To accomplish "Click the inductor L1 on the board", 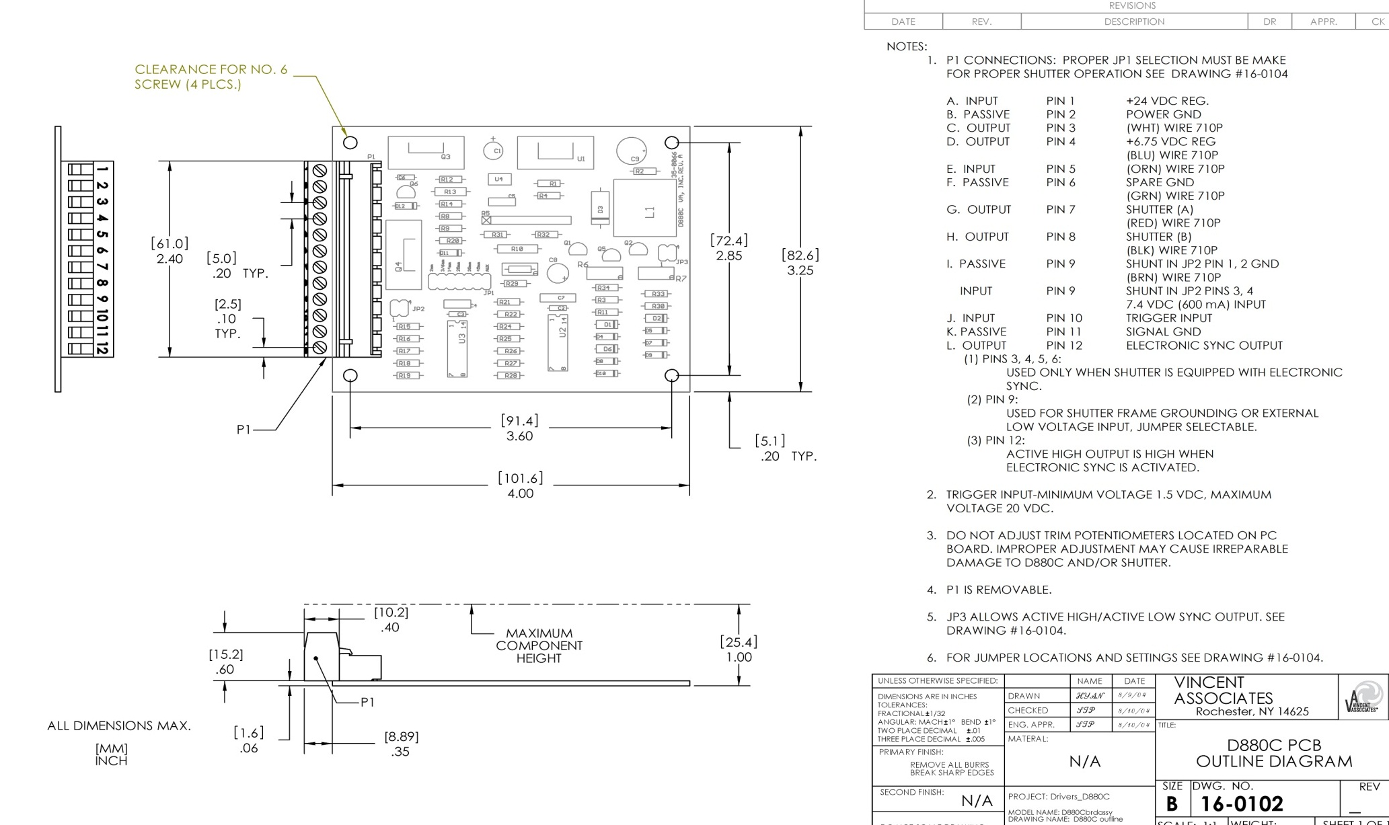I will (x=644, y=208).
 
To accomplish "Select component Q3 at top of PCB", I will (x=426, y=153).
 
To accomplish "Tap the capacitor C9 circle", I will (x=631, y=151).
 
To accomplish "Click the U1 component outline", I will (x=556, y=153).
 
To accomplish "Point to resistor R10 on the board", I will (x=517, y=249).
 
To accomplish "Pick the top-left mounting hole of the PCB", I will (x=350, y=143).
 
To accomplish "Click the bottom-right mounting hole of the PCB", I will (x=671, y=375).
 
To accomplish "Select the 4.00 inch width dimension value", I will (x=520, y=494).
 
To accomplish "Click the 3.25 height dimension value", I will (x=800, y=270).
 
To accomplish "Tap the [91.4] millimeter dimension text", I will (x=519, y=421).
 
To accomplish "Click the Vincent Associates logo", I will (x=1363, y=697).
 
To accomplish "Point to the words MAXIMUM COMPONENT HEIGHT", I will (x=539, y=645).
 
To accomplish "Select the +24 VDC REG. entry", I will (x=1167, y=101).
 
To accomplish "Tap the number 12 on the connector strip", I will (x=102, y=348).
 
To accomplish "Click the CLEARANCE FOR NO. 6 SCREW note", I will (x=211, y=77).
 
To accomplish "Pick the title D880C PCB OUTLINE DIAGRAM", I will (x=1274, y=753).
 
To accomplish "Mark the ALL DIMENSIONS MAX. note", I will (x=119, y=725).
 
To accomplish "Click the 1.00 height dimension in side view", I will (x=739, y=657).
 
